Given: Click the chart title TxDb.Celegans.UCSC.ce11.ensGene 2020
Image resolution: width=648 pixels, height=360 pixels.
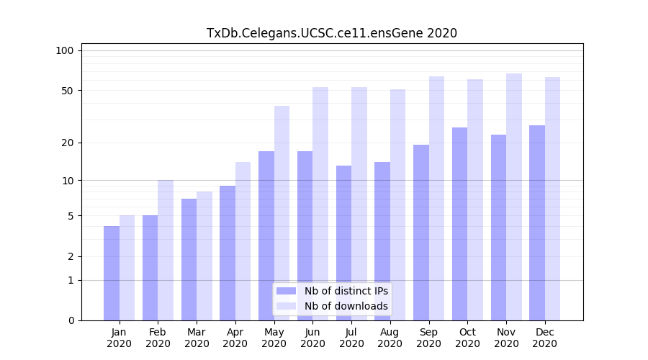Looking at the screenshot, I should tap(331, 33).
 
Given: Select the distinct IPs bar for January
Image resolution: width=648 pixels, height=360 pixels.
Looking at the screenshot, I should tap(112, 273).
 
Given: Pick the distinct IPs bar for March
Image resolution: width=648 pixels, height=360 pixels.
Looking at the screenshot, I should tap(189, 259).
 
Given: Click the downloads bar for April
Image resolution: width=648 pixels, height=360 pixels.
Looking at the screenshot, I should tap(243, 241).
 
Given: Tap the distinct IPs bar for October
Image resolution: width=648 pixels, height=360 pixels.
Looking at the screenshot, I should tap(459, 224).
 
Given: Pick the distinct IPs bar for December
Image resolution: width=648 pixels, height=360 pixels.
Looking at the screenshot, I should tap(537, 222).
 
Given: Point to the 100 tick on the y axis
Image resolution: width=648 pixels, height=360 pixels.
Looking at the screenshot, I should tap(65, 50).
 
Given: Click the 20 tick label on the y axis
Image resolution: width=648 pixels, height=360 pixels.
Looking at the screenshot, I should tap(68, 143).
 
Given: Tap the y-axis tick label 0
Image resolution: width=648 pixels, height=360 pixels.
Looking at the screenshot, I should tap(71, 320).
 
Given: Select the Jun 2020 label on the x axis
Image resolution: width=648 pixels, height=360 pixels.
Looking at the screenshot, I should tap(312, 338).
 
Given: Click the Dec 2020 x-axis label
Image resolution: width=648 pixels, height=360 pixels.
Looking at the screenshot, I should tap(544, 338).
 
